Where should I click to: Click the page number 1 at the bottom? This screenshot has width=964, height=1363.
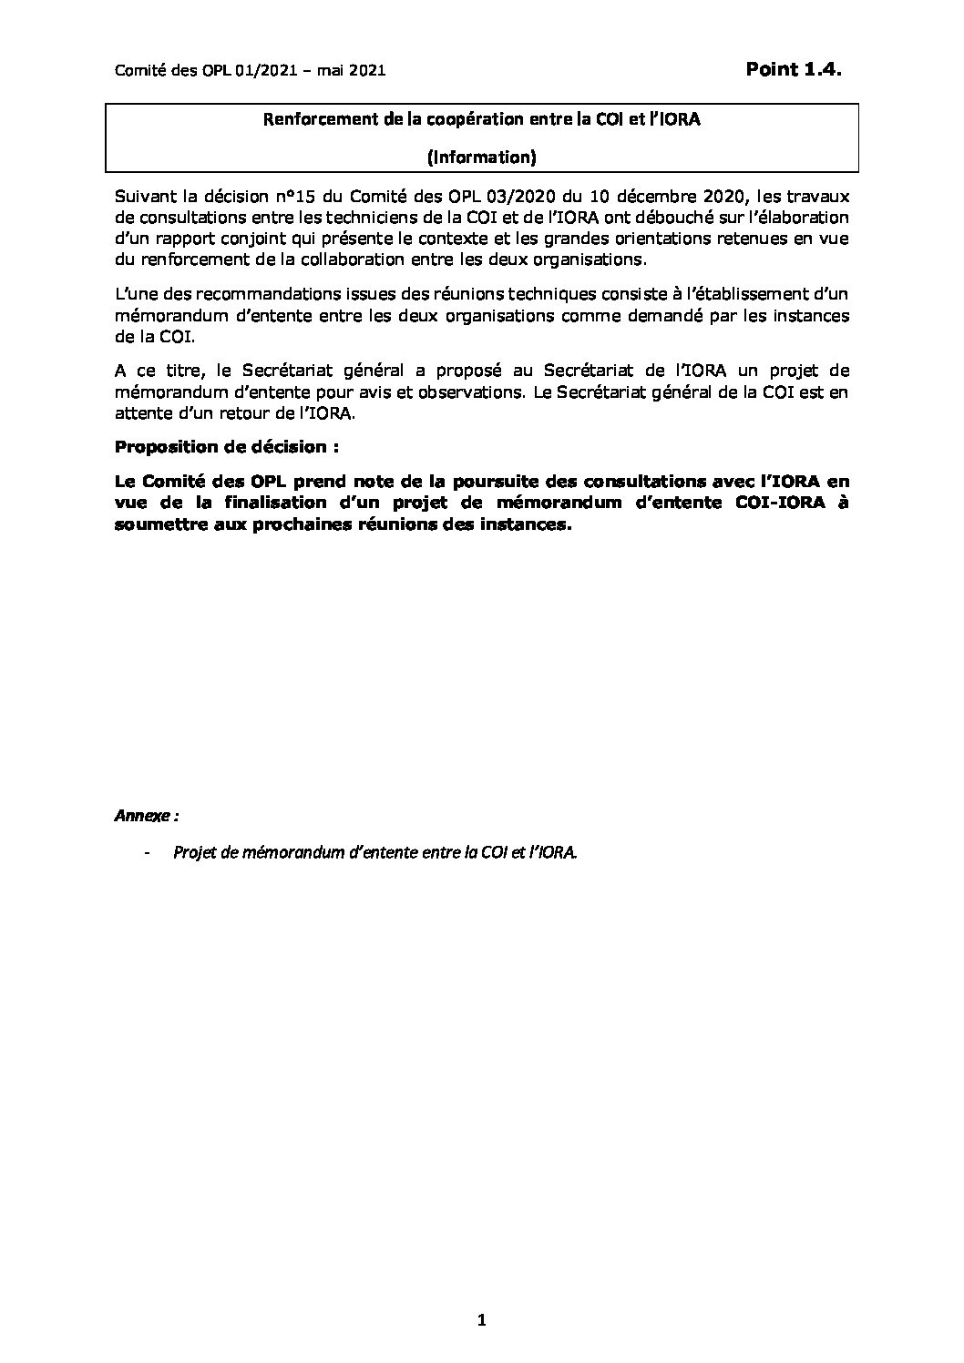[482, 1321]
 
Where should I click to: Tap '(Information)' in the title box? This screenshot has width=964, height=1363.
[482, 158]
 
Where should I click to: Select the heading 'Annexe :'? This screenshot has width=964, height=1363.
[146, 816]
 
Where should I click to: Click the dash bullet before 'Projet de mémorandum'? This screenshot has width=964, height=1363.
[147, 853]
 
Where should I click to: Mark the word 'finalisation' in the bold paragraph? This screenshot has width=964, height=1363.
[272, 502]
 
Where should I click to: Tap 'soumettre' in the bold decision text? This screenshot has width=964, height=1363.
[160, 524]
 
